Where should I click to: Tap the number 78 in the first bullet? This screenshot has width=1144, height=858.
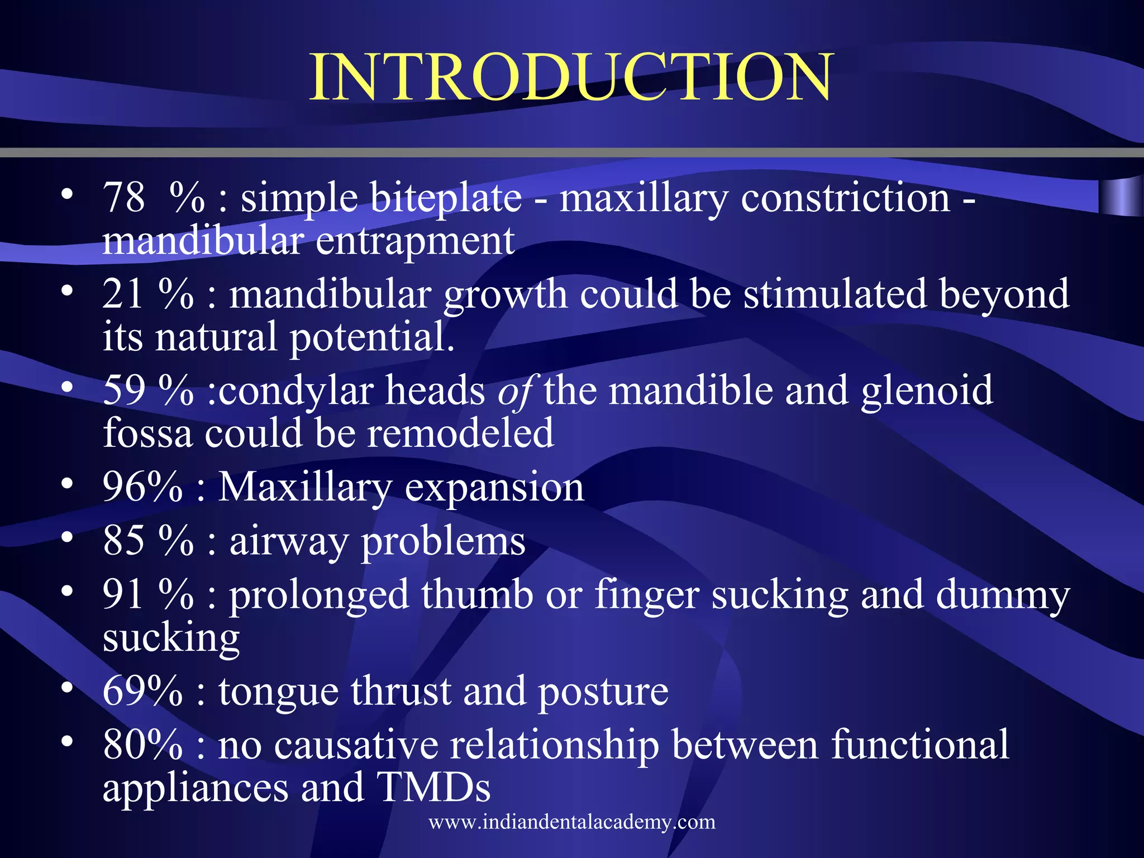[124, 198]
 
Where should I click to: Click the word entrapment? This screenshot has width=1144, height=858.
[415, 242]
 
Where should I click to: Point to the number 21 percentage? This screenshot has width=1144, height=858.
[147, 294]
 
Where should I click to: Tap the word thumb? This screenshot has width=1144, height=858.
[477, 594]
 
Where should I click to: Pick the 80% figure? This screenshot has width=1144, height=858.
[143, 745]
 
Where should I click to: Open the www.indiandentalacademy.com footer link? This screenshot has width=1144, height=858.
[572, 822]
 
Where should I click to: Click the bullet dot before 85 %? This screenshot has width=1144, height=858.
[67, 537]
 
